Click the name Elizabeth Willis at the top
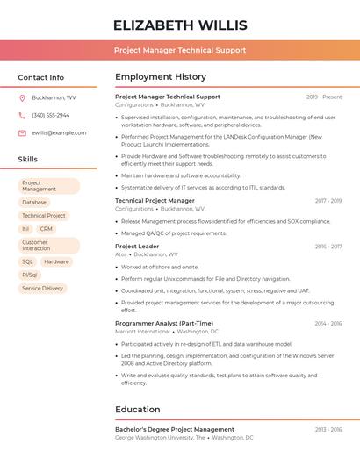(180, 25)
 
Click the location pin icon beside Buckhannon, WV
(22, 97)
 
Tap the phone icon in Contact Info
(22, 115)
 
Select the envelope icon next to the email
(22, 132)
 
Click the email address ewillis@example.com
(59, 132)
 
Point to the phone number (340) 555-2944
(50, 115)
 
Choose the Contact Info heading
(40, 77)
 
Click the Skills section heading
(27, 159)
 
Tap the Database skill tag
(34, 202)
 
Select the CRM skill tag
(46, 228)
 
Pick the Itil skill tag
(25, 228)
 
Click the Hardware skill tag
(56, 261)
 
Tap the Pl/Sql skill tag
(30, 275)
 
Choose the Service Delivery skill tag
(42, 288)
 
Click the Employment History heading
(160, 77)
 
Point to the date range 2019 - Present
(324, 97)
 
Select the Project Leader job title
(137, 247)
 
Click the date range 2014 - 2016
(328, 323)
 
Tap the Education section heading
(138, 409)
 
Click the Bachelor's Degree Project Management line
(175, 429)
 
